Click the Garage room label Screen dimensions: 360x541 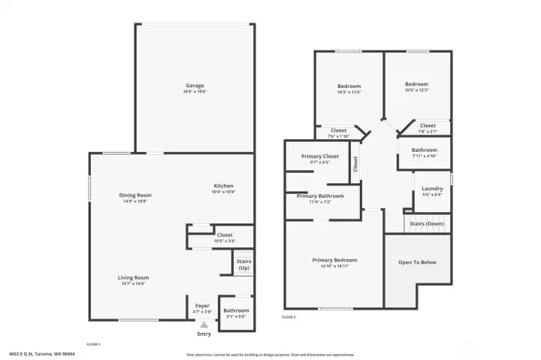[195, 86]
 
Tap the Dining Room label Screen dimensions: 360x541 [135, 195]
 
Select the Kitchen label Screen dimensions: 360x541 [223, 186]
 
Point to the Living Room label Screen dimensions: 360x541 [133, 278]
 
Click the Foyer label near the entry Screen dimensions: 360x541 [202, 306]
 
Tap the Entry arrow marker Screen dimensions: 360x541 [204, 325]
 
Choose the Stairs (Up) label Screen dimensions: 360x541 [244, 265]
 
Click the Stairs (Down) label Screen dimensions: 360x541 [426, 224]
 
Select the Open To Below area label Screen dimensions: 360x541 [417, 262]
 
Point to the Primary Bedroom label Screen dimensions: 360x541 [334, 260]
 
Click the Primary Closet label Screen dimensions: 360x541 [320, 156]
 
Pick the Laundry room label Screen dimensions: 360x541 [432, 189]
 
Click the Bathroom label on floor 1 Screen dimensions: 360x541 [235, 310]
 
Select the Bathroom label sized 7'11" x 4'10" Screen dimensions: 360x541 [425, 150]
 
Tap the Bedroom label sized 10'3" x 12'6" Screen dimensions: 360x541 [349, 86]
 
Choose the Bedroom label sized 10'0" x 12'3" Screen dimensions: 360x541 [416, 84]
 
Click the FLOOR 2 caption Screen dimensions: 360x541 [289, 317]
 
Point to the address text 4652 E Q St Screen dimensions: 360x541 [39, 354]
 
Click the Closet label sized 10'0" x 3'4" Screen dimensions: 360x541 [224, 235]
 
